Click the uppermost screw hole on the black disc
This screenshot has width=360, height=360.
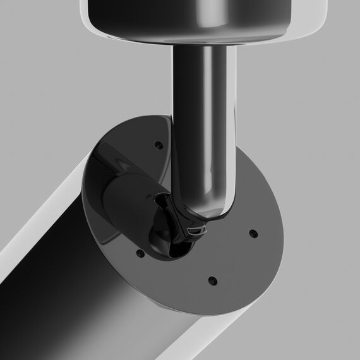159,145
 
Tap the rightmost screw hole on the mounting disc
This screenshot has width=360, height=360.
253,234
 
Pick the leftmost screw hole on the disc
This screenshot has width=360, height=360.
140,254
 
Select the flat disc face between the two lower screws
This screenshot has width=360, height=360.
177,272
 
